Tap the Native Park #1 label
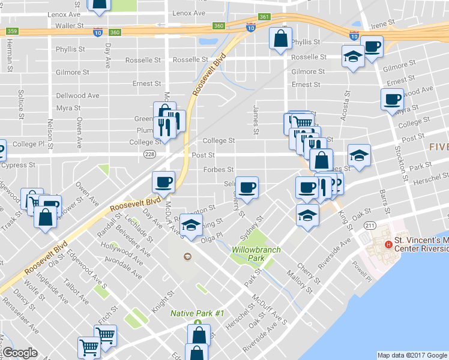click(197, 313)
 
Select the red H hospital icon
click(388, 244)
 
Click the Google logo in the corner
click(20, 353)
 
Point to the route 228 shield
click(150, 154)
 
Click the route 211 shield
click(369, 225)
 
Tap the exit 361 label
click(264, 17)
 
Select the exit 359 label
click(12, 31)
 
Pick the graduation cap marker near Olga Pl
click(191, 226)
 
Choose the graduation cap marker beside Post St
click(359, 155)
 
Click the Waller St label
click(69, 26)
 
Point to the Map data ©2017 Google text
click(412, 355)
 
